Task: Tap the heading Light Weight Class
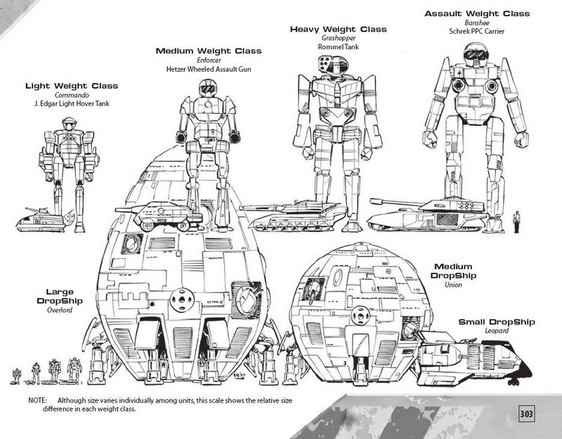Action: coord(71,86)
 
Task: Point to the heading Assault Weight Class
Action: coord(476,13)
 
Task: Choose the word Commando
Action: coord(71,95)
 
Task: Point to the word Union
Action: coord(453,284)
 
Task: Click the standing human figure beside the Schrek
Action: coord(518,221)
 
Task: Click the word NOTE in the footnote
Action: coord(37,400)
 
